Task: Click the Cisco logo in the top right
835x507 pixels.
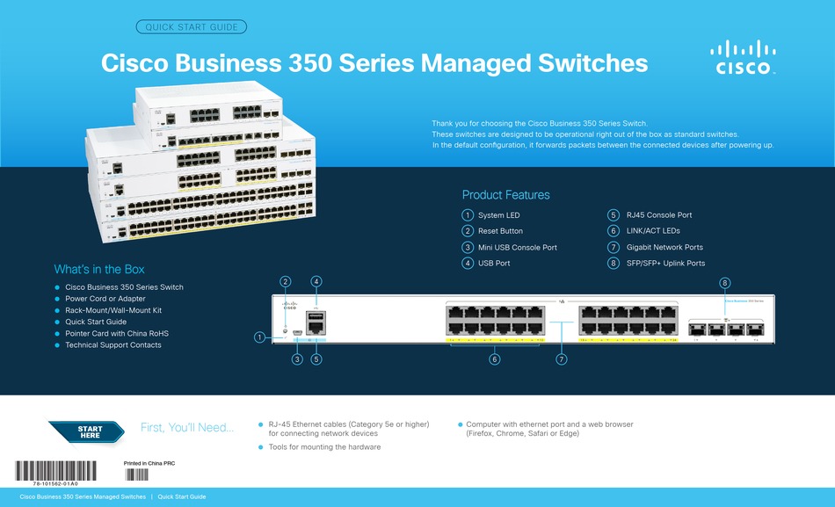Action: [743, 58]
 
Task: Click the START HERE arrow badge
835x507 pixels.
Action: [90, 432]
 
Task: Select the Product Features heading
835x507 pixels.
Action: [505, 195]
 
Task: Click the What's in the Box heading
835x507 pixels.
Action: [99, 269]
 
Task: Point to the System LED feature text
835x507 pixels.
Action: [498, 215]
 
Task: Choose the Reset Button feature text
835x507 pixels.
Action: [500, 231]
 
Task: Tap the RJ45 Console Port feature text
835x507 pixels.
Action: [658, 215]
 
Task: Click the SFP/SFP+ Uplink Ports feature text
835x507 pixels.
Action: [664, 263]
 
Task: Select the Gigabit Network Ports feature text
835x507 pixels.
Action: [664, 247]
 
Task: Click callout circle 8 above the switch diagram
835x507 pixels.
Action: [724, 283]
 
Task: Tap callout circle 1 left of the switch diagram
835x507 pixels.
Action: [259, 337]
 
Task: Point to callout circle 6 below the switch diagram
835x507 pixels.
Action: [495, 359]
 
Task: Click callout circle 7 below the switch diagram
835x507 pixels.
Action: [561, 359]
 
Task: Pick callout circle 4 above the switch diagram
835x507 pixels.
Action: [316, 281]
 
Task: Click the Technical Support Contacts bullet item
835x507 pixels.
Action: [113, 345]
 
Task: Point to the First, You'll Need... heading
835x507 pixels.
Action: [187, 428]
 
